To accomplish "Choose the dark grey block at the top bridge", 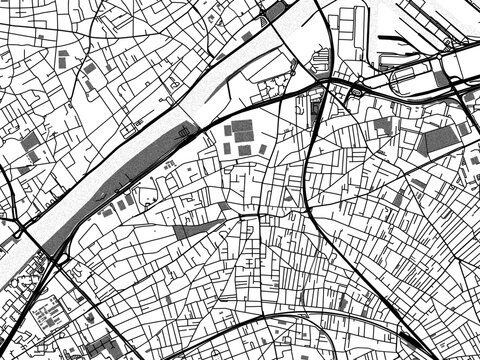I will pos(272,13).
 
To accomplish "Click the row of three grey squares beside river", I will pos(120,205).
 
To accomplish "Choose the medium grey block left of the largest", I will pos(383,126).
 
